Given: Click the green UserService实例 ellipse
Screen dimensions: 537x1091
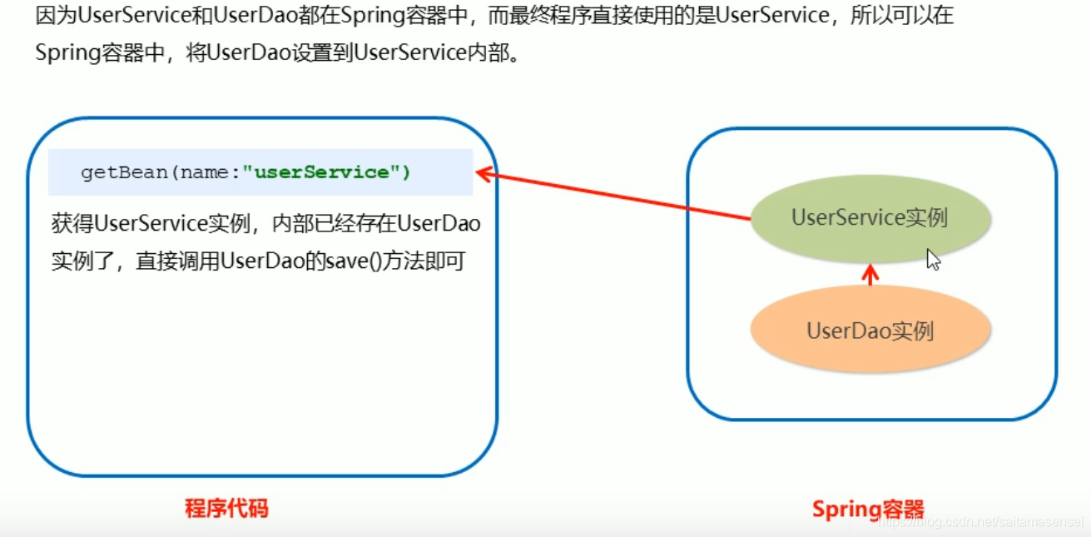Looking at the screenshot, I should pyautogui.click(x=870, y=218).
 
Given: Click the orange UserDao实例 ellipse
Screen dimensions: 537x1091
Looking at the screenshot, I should pyautogui.click(x=870, y=331).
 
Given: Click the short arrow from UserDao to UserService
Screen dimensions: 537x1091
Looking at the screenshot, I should pyautogui.click(x=870, y=276).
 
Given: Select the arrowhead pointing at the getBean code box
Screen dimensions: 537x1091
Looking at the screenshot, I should pyautogui.click(x=483, y=173).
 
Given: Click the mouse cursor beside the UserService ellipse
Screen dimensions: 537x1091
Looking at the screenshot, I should pyautogui.click(x=934, y=260).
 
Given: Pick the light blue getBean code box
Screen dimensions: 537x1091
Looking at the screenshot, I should pyautogui.click(x=260, y=172).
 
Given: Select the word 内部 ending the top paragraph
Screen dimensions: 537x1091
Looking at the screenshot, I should pyautogui.click(x=485, y=52).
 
